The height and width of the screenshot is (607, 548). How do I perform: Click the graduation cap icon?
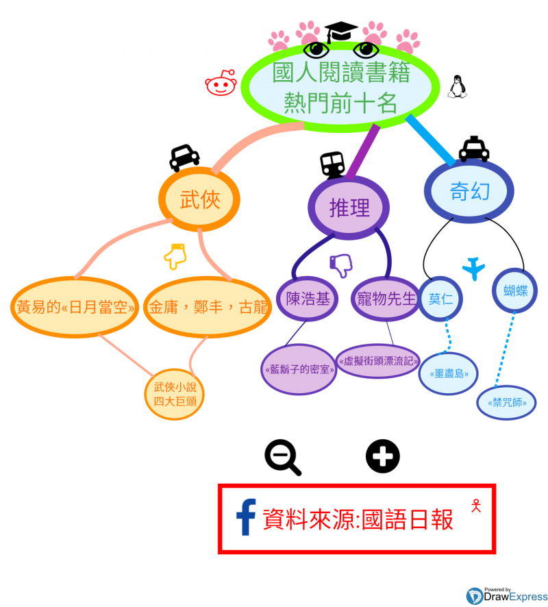pyautogui.click(x=341, y=32)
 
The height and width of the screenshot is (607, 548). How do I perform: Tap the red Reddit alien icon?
pyautogui.click(x=221, y=83)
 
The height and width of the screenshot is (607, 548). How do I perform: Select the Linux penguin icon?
pyautogui.click(x=457, y=86)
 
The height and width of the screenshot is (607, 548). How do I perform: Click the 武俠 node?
pyautogui.click(x=200, y=199)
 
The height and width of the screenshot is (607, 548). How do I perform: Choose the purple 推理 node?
pyautogui.click(x=349, y=208)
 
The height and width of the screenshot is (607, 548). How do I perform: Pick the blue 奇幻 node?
pyautogui.click(x=469, y=191)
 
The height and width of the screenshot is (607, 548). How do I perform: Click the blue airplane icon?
pyautogui.click(x=473, y=267)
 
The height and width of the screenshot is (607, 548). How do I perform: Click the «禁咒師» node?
pyautogui.click(x=506, y=404)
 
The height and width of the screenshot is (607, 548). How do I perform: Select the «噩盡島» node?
pyautogui.click(x=449, y=374)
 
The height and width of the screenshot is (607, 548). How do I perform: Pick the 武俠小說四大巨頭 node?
pyautogui.click(x=175, y=394)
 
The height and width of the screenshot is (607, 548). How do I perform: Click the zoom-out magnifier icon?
pyautogui.click(x=282, y=458)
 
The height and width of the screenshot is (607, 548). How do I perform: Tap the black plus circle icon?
pyautogui.click(x=382, y=456)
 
